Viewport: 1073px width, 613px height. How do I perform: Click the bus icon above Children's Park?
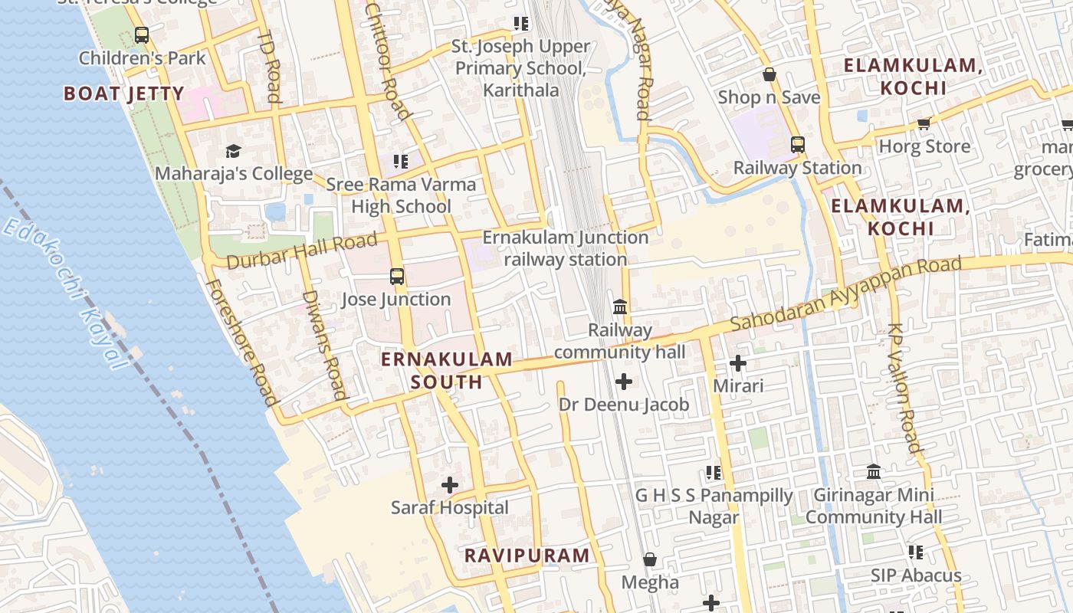(142, 35)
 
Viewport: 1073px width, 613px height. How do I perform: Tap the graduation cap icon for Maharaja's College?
(233, 151)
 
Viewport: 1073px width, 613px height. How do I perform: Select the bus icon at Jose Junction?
(396, 277)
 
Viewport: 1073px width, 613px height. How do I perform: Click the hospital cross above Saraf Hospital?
(450, 485)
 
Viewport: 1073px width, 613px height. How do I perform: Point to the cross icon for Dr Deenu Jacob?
(624, 381)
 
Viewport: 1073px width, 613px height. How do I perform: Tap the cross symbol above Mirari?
(738, 362)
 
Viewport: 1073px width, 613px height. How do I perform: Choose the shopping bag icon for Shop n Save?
(769, 74)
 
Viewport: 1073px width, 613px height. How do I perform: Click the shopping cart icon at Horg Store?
(924, 123)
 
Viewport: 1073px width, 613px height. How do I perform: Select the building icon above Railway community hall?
(620, 307)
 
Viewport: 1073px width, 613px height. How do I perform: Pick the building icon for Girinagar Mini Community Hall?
(873, 471)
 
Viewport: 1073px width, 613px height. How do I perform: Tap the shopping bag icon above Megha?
(650, 560)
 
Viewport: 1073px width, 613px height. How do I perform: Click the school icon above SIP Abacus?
(915, 552)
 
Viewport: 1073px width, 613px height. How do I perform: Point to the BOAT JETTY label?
(123, 94)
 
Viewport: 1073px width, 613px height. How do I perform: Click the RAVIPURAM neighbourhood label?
(527, 556)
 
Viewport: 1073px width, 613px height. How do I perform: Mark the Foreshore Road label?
(241, 341)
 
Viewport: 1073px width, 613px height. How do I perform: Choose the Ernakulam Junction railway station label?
(566, 248)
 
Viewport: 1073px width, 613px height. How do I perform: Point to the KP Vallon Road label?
(904, 387)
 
